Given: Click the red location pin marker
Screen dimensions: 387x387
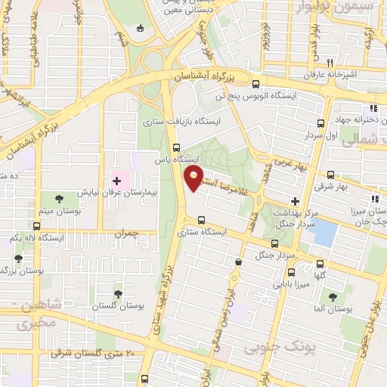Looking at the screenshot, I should tap(194, 179).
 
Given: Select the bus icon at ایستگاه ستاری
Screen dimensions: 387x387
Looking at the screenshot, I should tap(200, 221).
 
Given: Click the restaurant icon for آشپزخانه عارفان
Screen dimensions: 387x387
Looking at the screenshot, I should tap(330, 63).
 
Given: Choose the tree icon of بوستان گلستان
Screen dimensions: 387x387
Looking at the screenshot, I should tap(116, 293).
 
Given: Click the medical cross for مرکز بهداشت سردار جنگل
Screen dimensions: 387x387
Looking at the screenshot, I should tap(296, 203).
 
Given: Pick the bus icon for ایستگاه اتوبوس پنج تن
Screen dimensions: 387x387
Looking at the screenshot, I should tap(255, 85).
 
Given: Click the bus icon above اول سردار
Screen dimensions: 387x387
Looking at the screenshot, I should tap(321, 123).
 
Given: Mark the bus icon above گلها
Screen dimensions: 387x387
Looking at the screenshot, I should tap(320, 264).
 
